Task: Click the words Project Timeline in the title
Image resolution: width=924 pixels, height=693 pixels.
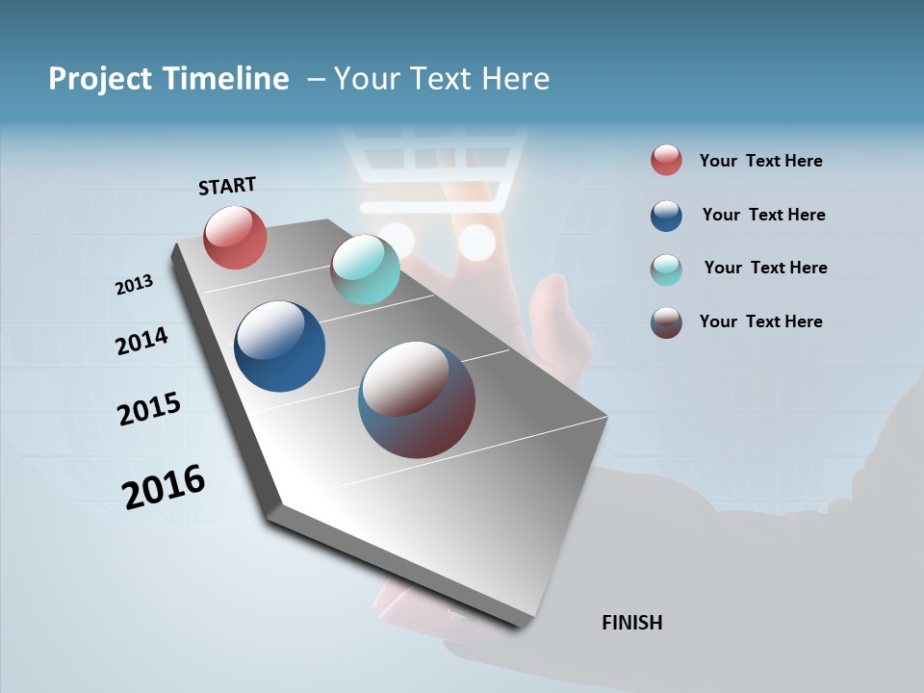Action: click(168, 79)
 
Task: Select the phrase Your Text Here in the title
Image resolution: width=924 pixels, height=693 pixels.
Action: click(441, 79)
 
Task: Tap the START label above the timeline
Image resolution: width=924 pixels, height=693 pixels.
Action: click(227, 186)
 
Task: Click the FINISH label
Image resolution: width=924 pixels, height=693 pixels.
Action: click(631, 623)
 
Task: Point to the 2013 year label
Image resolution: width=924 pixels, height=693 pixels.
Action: click(134, 285)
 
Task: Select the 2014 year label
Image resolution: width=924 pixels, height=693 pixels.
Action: click(141, 341)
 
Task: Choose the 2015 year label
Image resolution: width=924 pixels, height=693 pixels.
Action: click(148, 409)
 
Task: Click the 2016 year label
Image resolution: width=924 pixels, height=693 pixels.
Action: click(163, 487)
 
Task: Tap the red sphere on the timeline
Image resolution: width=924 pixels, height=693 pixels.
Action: click(235, 237)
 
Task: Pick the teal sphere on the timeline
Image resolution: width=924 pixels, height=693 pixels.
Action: click(365, 269)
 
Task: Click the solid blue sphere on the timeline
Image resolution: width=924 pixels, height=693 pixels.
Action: click(279, 346)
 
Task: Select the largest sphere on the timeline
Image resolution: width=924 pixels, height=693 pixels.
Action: click(417, 399)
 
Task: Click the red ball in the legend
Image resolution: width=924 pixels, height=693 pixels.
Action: click(666, 161)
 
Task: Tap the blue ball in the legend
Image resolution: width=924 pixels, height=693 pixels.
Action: click(666, 216)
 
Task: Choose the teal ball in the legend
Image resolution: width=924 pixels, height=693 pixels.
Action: click(666, 269)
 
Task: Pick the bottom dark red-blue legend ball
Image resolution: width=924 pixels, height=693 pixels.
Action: click(666, 322)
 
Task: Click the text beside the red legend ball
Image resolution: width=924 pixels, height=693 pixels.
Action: click(760, 161)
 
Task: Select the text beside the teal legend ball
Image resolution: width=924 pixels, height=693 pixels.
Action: click(765, 268)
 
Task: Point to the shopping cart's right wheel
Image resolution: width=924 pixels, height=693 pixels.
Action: click(476, 242)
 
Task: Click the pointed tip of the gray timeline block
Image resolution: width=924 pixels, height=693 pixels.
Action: click(521, 624)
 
